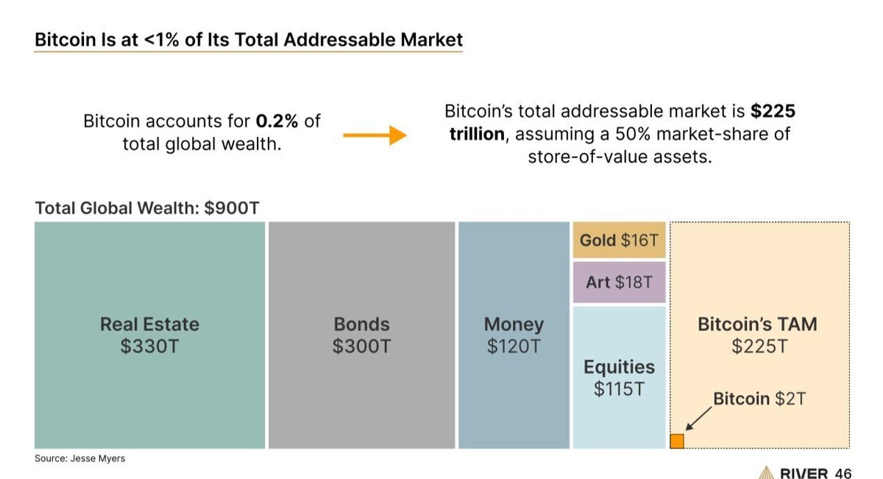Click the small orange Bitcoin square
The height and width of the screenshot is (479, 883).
click(x=677, y=441)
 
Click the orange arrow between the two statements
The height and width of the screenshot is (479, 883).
click(x=375, y=135)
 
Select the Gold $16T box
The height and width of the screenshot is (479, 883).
click(x=619, y=240)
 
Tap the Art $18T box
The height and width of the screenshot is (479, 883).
click(x=619, y=282)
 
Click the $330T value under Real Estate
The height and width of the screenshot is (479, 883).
click(x=149, y=347)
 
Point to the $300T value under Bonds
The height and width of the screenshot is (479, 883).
click(x=361, y=347)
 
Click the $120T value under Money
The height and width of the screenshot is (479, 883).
click(x=514, y=347)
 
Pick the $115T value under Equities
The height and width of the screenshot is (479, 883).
click(x=619, y=389)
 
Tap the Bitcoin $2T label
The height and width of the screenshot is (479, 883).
click(x=759, y=399)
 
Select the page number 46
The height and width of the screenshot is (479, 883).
click(x=843, y=473)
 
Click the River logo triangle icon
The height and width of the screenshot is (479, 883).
click(x=765, y=472)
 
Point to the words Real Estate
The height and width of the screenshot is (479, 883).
click(x=149, y=324)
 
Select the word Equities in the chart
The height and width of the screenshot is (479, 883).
click(x=619, y=367)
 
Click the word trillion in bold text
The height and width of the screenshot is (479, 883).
click(x=476, y=135)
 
